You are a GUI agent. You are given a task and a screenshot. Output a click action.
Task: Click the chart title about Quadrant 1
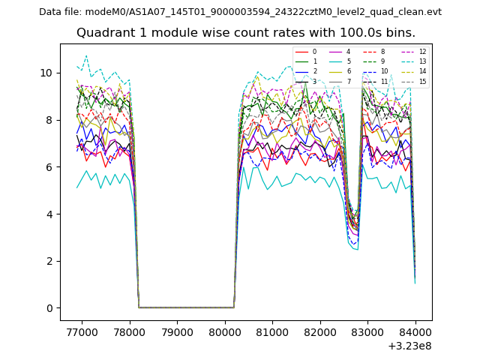point(256,33)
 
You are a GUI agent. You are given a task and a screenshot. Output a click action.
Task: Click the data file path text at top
point(240,12)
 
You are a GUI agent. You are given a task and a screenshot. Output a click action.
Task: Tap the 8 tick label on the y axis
point(49,120)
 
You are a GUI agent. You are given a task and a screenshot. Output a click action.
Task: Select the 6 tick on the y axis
point(49,166)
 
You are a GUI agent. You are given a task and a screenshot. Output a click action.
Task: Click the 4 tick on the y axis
point(49,214)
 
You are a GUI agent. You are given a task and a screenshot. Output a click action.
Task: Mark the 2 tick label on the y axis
point(49,261)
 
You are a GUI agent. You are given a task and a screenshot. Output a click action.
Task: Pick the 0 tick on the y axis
point(49,308)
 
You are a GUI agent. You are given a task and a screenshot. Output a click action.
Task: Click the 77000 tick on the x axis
point(82,331)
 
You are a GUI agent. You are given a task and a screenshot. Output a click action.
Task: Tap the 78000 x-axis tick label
point(130,331)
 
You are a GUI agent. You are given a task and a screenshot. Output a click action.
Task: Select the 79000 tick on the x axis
point(177,331)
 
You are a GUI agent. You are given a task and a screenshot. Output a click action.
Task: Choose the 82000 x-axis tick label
point(320,331)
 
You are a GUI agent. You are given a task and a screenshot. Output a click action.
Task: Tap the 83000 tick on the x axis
point(367,331)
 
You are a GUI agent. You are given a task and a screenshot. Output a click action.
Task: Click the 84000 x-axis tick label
point(415,331)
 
